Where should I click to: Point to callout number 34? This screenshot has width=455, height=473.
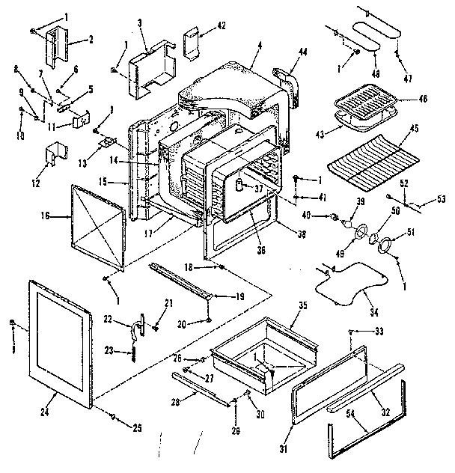point(372,311)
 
